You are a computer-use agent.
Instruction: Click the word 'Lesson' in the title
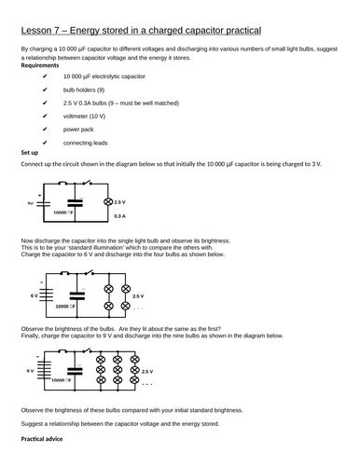click(38, 34)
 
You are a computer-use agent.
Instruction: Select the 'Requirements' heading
click(43, 66)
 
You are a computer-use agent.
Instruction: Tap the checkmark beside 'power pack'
click(44, 130)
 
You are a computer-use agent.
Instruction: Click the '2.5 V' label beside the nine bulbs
click(146, 370)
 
